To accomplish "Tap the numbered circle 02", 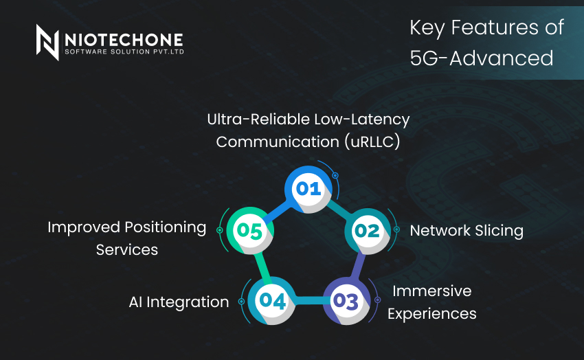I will click(x=368, y=230).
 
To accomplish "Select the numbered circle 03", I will click(x=347, y=301).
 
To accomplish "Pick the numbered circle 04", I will click(x=272, y=301).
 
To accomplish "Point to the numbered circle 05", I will click(x=251, y=230).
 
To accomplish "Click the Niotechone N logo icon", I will click(x=47, y=42).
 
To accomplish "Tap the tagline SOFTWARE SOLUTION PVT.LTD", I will click(x=124, y=51).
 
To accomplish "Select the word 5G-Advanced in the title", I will click(x=481, y=58).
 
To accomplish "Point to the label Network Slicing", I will click(x=467, y=231).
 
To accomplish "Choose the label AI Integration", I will click(x=179, y=302).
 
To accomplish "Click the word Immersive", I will click(x=432, y=291).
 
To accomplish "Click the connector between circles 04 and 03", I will click(x=310, y=301).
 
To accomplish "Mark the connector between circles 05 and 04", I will click(x=260, y=266).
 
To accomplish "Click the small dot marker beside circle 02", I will click(x=396, y=229).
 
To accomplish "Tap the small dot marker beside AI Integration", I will click(x=241, y=301).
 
